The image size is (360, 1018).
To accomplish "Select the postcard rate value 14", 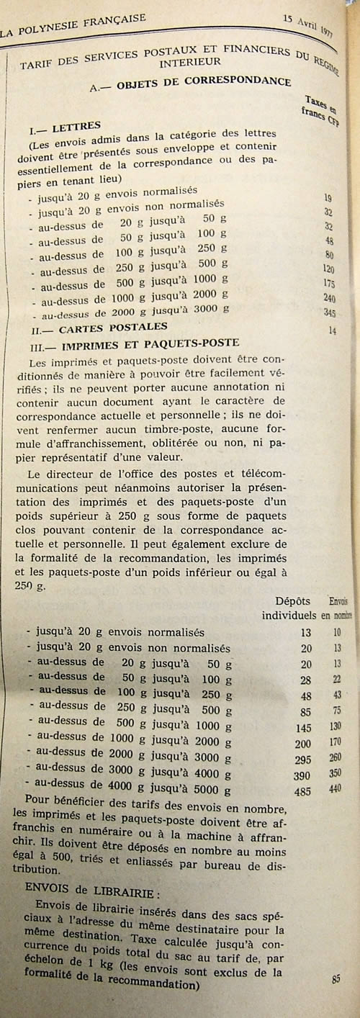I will coord(333,331).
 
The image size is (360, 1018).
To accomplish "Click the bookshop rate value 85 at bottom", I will coord(336,978).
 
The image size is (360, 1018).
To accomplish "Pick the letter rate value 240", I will coord(330,298).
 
